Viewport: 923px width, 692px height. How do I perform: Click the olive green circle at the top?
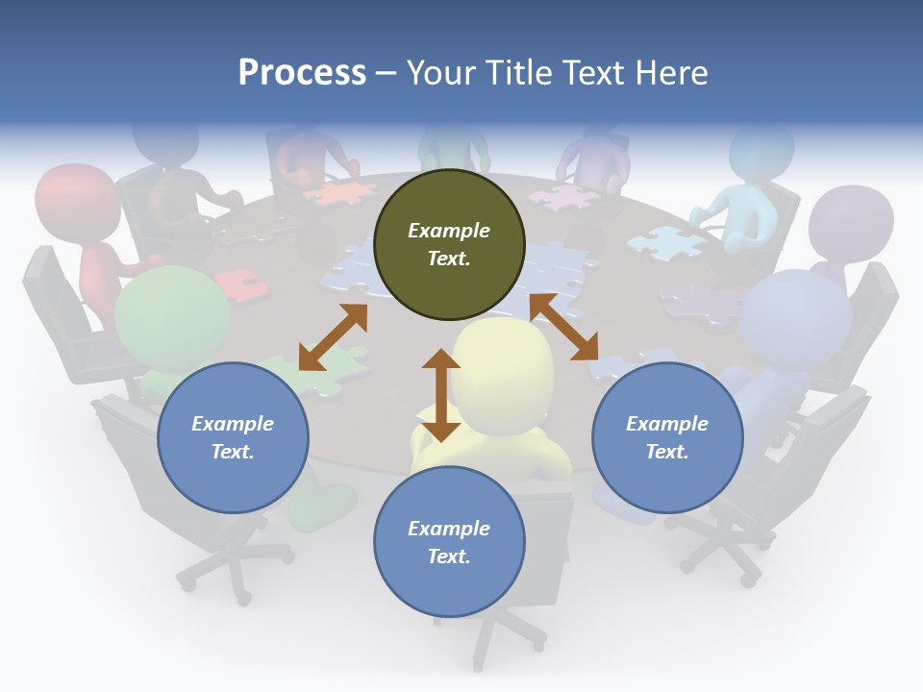click(x=449, y=245)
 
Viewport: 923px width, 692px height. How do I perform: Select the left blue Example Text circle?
click(x=233, y=437)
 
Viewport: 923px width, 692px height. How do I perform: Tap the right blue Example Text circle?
click(x=667, y=437)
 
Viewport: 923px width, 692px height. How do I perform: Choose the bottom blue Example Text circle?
click(x=449, y=542)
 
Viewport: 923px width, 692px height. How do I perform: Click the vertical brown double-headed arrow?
click(x=441, y=395)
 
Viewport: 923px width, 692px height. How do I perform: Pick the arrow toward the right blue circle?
click(x=564, y=327)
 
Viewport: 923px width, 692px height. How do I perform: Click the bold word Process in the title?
click(x=302, y=72)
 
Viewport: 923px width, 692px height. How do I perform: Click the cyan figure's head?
click(x=761, y=153)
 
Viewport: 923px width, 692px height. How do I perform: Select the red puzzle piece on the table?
click(x=235, y=284)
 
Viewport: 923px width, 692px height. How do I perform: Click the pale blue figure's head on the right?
click(x=796, y=317)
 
